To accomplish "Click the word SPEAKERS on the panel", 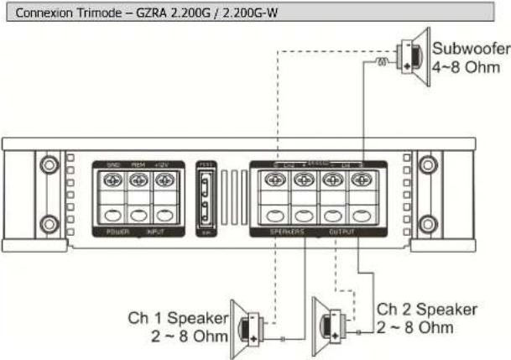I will (x=286, y=230).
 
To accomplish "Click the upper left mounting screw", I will (x=48, y=161).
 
